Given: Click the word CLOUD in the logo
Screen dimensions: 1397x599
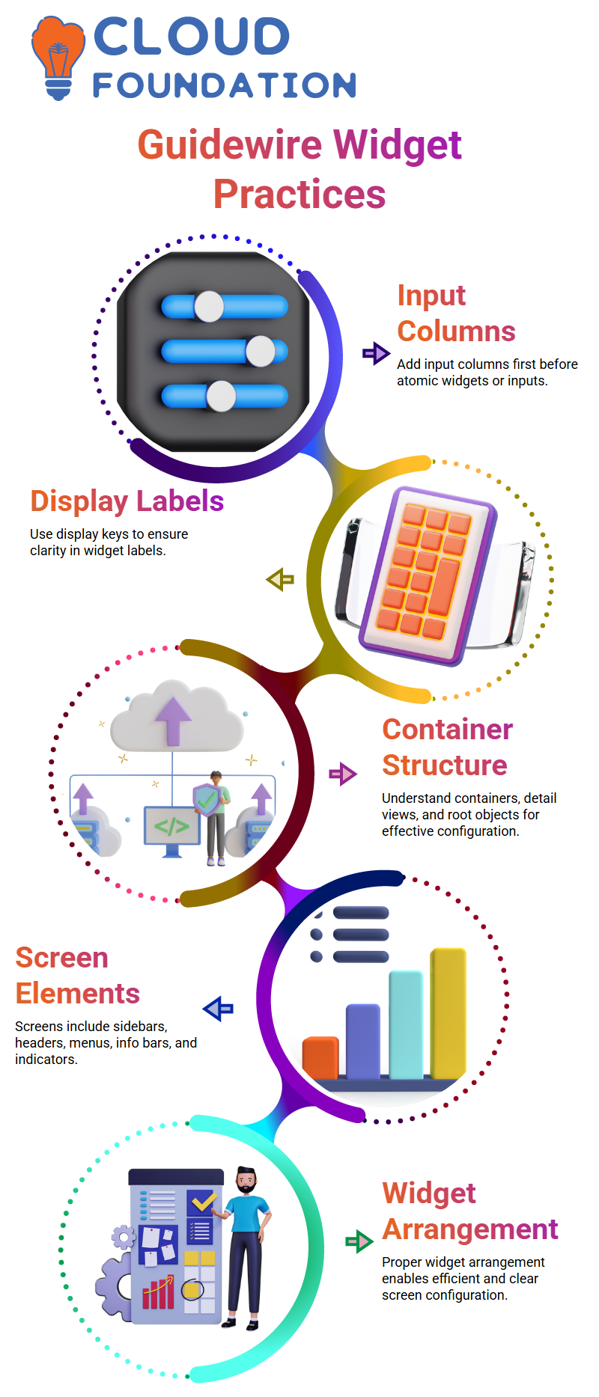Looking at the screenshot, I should tap(191, 37).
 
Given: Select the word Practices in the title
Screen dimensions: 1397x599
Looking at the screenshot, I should tap(299, 194).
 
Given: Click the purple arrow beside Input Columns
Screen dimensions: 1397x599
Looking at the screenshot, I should tap(376, 352).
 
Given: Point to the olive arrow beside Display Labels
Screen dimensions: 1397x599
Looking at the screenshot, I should tap(280, 579).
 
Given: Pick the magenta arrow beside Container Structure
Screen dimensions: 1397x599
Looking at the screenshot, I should tap(343, 774).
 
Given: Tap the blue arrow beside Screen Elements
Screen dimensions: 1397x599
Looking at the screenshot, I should tap(218, 1009).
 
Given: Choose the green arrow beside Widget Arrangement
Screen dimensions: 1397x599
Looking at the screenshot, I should tap(359, 1241).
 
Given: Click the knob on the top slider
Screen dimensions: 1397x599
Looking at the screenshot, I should tap(209, 306).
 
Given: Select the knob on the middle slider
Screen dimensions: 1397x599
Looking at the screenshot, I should tap(261, 351).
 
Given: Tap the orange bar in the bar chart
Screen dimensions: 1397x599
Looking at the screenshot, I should tap(320, 1057).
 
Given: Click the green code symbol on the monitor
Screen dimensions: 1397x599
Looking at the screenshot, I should tap(171, 826).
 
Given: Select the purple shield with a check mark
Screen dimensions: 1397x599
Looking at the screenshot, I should tap(207, 800).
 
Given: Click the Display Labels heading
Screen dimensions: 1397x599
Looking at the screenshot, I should tap(127, 501).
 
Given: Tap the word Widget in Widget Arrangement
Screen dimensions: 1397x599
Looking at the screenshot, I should tap(429, 1193).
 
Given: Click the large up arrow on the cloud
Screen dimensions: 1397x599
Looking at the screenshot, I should tap(174, 720).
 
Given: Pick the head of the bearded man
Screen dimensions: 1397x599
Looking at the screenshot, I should tap(246, 1182).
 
